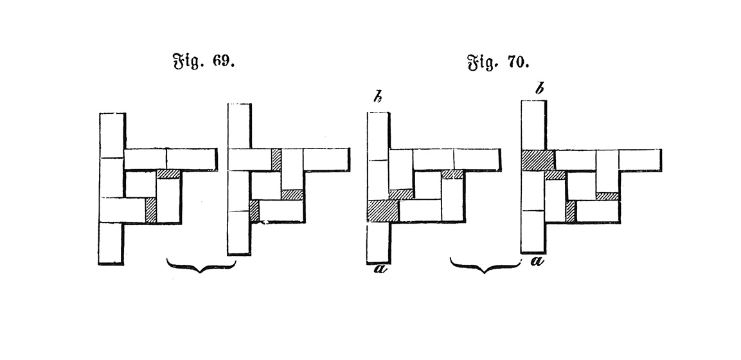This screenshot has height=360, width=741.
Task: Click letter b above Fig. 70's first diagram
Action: (377, 98)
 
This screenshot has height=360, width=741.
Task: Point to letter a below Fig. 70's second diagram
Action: (537, 260)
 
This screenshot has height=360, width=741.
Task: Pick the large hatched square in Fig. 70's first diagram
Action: (383, 210)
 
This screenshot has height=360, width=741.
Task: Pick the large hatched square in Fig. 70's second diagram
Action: (537, 159)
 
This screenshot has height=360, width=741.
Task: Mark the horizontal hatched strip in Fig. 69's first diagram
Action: (169, 174)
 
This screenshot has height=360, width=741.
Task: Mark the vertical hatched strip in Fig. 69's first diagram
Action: (151, 210)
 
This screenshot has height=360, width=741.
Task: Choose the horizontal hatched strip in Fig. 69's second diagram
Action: (292, 194)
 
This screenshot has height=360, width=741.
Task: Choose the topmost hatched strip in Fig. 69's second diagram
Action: (276, 159)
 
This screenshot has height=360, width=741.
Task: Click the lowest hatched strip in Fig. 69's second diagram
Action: (254, 211)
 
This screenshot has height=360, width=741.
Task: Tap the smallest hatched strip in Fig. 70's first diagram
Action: (452, 174)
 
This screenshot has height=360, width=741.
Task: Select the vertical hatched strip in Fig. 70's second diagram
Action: (571, 212)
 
